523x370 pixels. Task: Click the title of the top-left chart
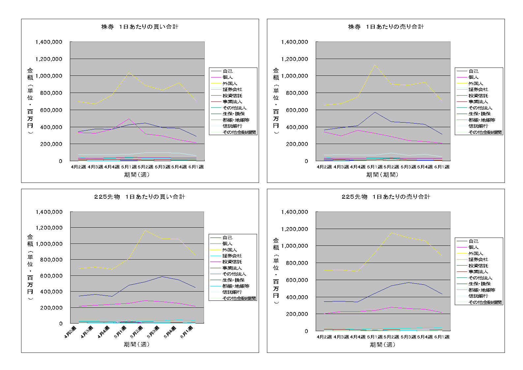coord(140,27)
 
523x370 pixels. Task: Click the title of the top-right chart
coord(386,27)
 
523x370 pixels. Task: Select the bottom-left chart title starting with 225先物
coord(140,197)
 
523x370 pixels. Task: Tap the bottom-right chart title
coord(386,197)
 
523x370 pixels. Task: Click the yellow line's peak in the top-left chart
coord(129,72)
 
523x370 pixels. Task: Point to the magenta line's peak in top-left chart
coord(129,119)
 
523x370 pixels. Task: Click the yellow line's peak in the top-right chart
coord(375,65)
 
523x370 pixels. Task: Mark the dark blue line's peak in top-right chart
coord(375,112)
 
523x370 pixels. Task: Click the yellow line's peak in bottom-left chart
coord(145,230)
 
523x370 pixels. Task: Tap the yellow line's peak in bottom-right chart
coord(391,233)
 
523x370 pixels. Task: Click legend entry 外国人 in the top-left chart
coord(230,83)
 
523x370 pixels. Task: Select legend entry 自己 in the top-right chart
coord(474,71)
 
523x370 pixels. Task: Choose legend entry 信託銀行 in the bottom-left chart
coord(232,292)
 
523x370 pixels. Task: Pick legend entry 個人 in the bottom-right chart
coord(474,247)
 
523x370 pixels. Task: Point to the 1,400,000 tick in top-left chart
coord(49,42)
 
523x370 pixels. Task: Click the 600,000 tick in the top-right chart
coord(295,110)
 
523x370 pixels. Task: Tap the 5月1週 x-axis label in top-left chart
coord(129,167)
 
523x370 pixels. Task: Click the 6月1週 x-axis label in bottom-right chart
coord(442,337)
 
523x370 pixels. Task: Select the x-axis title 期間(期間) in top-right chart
coord(382,175)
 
